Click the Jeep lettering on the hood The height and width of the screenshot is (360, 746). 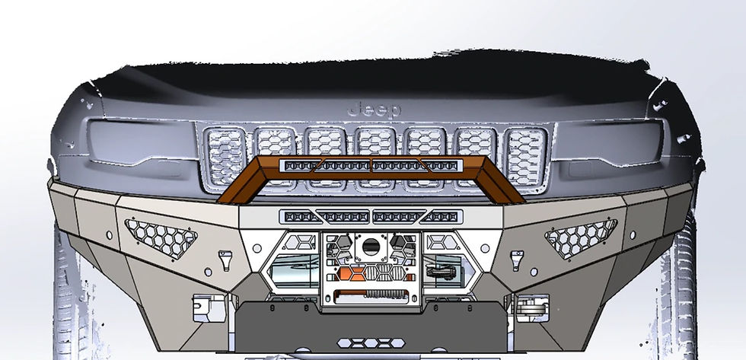[373, 110]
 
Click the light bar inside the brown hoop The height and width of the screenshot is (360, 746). [371, 165]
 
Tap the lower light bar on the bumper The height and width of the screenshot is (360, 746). [372, 217]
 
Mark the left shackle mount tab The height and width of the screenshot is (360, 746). [225, 259]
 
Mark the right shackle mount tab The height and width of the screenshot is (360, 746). [520, 259]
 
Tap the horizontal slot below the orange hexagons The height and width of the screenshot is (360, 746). [371, 293]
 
